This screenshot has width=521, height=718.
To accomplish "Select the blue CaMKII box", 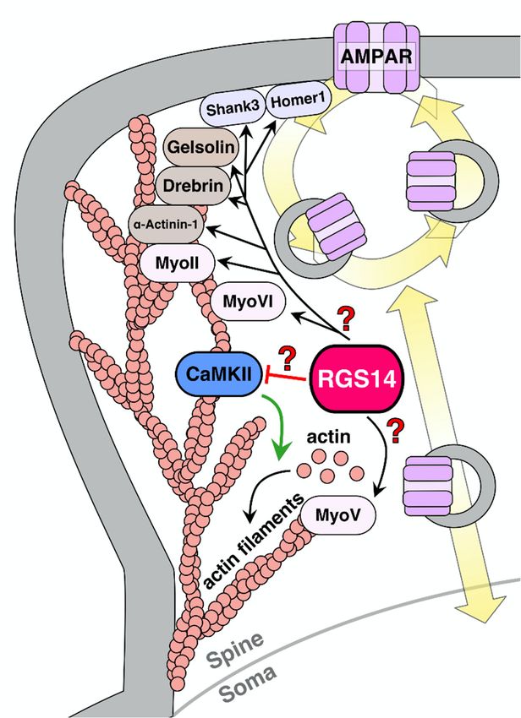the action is click(x=218, y=374).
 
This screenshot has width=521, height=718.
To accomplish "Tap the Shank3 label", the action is click(x=233, y=110).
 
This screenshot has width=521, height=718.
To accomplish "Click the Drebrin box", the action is click(x=193, y=186).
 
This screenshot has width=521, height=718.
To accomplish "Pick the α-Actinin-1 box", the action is click(x=166, y=225).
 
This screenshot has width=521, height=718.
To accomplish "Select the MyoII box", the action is click(x=177, y=264).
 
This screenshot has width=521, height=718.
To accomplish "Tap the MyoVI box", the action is click(x=248, y=302).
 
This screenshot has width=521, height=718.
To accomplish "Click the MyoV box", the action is click(x=337, y=515).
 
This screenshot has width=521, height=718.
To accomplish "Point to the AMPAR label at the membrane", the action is click(x=376, y=57).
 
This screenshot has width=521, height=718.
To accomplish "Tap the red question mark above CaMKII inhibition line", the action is click(x=287, y=358).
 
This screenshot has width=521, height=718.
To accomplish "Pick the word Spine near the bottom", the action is click(x=236, y=650).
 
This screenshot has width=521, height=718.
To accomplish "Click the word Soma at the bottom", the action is click(x=249, y=684).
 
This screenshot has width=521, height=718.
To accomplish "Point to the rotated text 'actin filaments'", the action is click(x=253, y=541).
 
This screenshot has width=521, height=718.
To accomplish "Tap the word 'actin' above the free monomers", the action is click(x=328, y=437).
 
